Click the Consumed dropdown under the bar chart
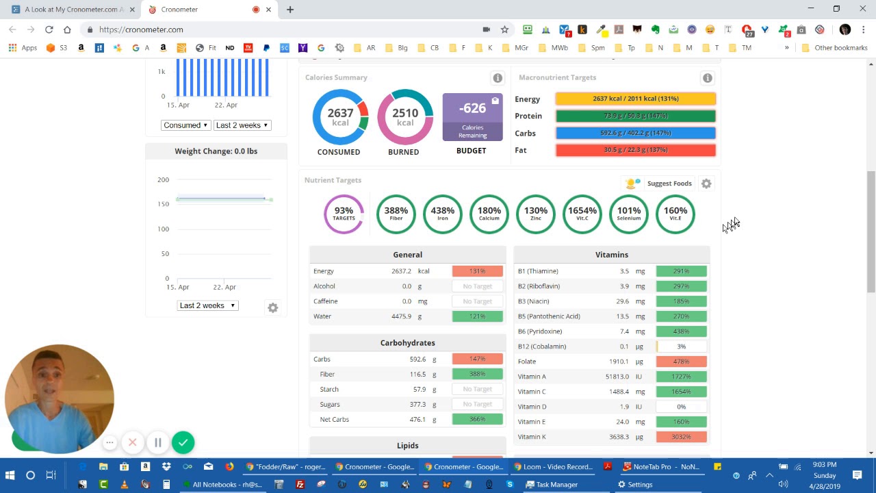[x=185, y=125]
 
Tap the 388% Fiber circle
[x=396, y=214]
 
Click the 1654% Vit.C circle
[x=582, y=214]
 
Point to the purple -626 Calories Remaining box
[x=472, y=116]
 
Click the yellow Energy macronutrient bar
[x=635, y=99]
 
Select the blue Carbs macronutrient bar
[x=635, y=133]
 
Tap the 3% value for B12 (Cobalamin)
[x=681, y=346]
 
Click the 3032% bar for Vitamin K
[x=681, y=437]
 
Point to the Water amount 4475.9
[x=401, y=316]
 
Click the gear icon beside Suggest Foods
[x=706, y=184]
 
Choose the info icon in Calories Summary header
[x=498, y=78]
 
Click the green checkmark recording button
[x=183, y=442]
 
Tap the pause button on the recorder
[x=158, y=442]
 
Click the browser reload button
[x=49, y=29]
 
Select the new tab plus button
[x=290, y=10]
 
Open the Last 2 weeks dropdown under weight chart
[x=207, y=305]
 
